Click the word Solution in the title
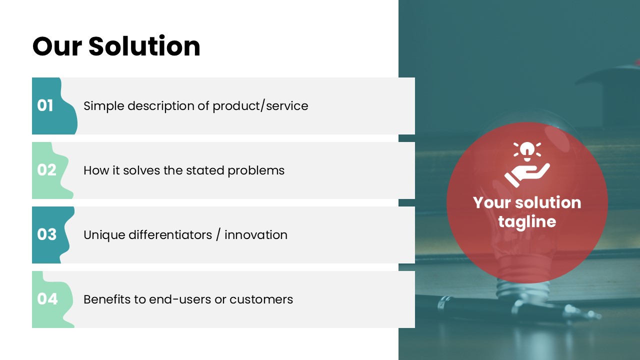click(144, 46)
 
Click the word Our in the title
click(57, 46)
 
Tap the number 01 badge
click(54, 105)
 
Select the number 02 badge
click(52, 170)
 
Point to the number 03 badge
click(53, 235)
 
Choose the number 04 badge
click(53, 299)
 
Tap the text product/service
click(260, 106)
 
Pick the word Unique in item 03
click(104, 235)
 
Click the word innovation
click(256, 235)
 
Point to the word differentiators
click(170, 235)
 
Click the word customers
click(261, 299)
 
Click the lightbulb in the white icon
click(527, 151)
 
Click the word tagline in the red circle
click(527, 222)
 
